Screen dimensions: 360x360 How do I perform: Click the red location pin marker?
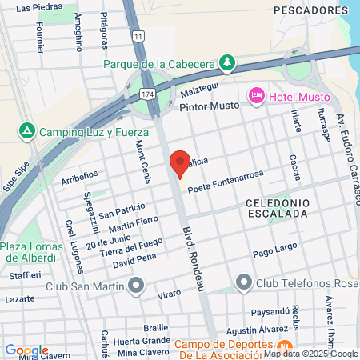(180, 163)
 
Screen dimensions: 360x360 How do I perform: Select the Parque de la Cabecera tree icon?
(228, 62)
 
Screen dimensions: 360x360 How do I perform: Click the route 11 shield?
(139, 37)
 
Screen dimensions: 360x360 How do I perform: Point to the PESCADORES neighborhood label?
(304, 10)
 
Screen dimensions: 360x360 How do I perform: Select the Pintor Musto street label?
(210, 106)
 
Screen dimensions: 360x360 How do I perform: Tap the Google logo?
(26, 350)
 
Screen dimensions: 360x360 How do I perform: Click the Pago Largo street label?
(274, 253)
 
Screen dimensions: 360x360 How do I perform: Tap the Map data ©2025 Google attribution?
(310, 354)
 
